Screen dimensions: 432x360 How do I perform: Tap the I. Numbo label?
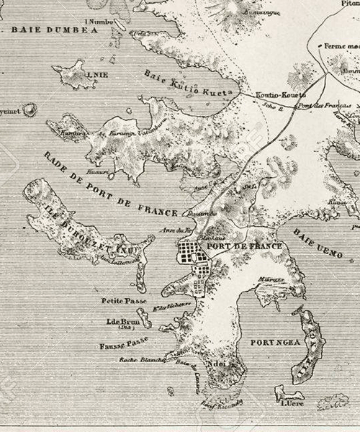pyautogui.click(x=99, y=22)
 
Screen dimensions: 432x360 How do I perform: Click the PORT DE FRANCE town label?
pyautogui.click(x=244, y=246)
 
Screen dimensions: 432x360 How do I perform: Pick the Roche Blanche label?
pyautogui.click(x=143, y=359)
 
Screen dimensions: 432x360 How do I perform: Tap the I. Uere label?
pyautogui.click(x=290, y=403)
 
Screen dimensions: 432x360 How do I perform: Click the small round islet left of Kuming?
pyautogui.click(x=30, y=110)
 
